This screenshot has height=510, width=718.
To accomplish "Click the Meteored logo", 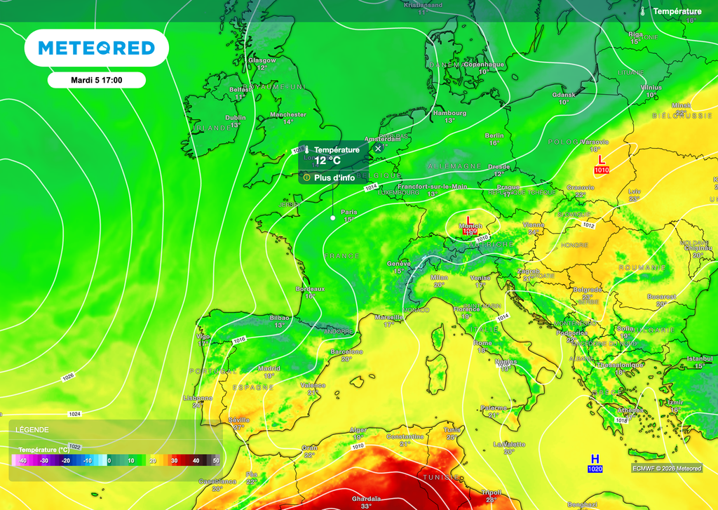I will pyautogui.click(x=96, y=48).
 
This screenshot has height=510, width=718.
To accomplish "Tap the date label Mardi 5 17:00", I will pyautogui.click(x=97, y=80).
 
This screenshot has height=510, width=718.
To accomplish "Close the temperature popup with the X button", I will pyautogui.click(x=378, y=148).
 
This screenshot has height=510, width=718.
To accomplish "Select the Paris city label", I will pyautogui.click(x=348, y=212).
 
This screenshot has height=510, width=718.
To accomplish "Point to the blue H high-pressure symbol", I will pyautogui.click(x=595, y=459).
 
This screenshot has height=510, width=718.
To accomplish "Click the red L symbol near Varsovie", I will pyautogui.click(x=601, y=160).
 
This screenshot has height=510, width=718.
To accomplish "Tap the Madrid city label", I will pyautogui.click(x=269, y=368).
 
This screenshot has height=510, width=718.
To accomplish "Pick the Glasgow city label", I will pyautogui.click(x=262, y=60).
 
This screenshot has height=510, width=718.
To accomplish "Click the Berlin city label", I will pyautogui.click(x=494, y=135).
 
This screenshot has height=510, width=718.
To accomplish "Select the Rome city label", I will pyautogui.click(x=483, y=343).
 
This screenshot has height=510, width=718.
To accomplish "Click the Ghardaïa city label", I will pyautogui.click(x=366, y=499).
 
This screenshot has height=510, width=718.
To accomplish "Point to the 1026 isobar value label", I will pyautogui.click(x=68, y=377).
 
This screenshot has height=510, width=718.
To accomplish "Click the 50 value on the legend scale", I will pyautogui.click(x=216, y=461).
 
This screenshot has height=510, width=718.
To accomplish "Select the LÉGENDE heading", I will pyautogui.click(x=32, y=429).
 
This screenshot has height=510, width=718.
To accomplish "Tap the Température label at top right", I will pyautogui.click(x=677, y=11).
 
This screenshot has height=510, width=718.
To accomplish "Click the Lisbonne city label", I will pyautogui.click(x=197, y=397).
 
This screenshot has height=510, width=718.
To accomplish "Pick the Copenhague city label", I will pyautogui.click(x=484, y=65).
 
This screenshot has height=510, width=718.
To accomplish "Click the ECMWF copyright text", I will pyautogui.click(x=666, y=469).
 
